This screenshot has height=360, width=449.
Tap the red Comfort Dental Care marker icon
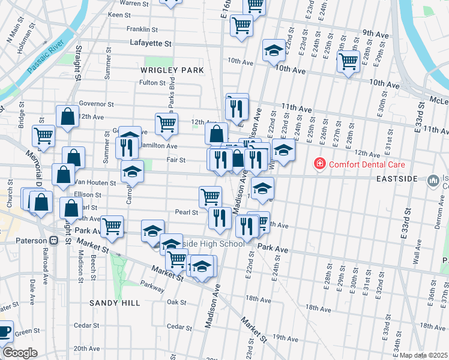320,164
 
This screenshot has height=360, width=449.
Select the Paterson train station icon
54,241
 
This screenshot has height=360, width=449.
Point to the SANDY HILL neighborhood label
115,304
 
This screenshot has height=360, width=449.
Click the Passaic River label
46,56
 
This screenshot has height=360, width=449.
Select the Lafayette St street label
151,43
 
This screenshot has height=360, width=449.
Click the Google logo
20,352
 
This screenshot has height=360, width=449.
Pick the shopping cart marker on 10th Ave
348,61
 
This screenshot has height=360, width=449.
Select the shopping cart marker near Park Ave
112,226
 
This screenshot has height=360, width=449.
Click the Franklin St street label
142,29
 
